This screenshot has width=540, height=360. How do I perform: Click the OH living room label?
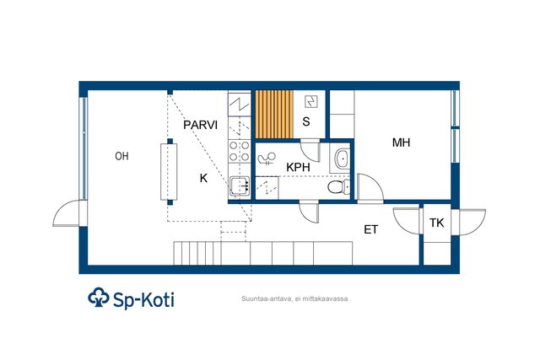121,156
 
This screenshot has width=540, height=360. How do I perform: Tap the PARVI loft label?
201,125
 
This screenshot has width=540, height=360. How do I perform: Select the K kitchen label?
203,178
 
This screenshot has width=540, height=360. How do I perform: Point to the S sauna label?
306,121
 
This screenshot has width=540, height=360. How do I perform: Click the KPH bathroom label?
298,168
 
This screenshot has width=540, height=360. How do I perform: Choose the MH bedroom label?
402,142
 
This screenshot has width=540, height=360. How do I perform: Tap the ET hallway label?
371,229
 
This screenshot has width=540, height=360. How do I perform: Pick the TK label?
437,223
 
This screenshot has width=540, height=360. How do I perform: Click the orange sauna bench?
274,115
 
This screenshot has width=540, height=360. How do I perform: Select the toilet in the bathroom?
337,187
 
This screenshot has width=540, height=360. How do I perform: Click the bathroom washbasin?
342,159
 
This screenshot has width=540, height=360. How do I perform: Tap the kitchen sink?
240,186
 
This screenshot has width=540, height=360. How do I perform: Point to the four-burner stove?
240,151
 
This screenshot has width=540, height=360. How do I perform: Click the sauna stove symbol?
311,102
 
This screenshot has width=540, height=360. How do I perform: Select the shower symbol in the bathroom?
267,159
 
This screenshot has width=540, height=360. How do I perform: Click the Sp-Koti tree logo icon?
99,297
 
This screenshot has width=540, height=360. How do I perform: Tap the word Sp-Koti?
144,300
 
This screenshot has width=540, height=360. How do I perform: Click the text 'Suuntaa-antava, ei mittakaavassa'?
294,298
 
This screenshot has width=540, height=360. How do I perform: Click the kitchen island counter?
169,172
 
